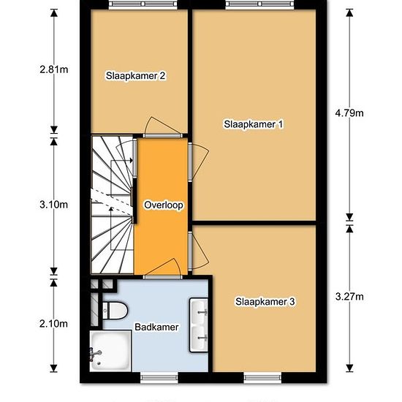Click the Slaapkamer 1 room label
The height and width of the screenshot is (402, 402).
point(254,124)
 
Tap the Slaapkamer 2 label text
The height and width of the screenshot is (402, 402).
point(136,76)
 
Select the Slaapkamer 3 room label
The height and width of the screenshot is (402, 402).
point(265,302)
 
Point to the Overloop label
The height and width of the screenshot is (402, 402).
point(164,205)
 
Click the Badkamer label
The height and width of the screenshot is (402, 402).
point(156,327)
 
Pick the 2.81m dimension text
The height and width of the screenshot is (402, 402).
point(54,69)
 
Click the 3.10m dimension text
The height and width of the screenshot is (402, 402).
point(54,205)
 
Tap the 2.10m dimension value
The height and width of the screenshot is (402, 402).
point(54,324)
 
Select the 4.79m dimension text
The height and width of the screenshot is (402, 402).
point(349,113)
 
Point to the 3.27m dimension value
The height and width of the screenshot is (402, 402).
point(349,297)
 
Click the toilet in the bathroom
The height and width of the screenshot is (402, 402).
point(115,311)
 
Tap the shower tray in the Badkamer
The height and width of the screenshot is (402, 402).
point(110,351)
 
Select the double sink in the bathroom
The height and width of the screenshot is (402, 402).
point(199,325)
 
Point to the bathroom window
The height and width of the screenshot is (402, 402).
point(159,377)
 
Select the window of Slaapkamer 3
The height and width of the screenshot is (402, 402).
point(262,377)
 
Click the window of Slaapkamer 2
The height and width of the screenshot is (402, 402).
point(143,4)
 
